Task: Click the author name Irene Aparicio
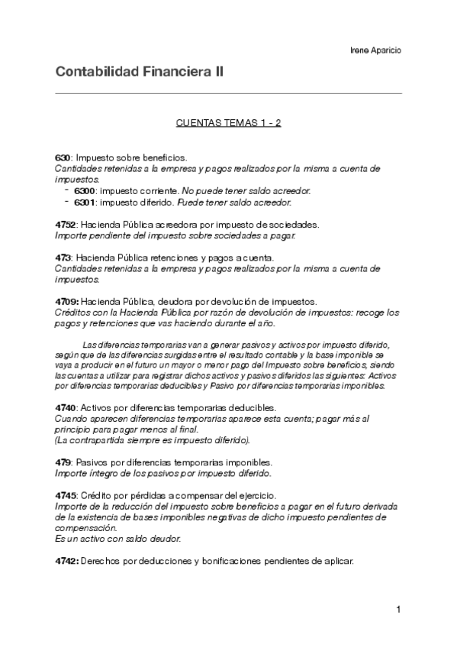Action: [x=375, y=50]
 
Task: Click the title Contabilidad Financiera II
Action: [x=139, y=73]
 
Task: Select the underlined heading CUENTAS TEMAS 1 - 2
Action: [x=228, y=122]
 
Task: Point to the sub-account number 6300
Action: [x=85, y=191]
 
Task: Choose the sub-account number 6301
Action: [x=85, y=202]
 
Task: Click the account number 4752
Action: [x=66, y=225]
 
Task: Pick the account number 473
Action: [x=63, y=258]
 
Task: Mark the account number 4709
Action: [x=66, y=303]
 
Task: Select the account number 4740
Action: [x=66, y=408]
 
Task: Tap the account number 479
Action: [x=63, y=462]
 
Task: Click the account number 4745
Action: [x=66, y=495]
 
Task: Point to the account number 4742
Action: [x=66, y=561]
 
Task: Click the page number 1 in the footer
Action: [x=398, y=609]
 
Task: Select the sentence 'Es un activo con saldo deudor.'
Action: [x=118, y=539]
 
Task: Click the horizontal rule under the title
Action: [x=228, y=93]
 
